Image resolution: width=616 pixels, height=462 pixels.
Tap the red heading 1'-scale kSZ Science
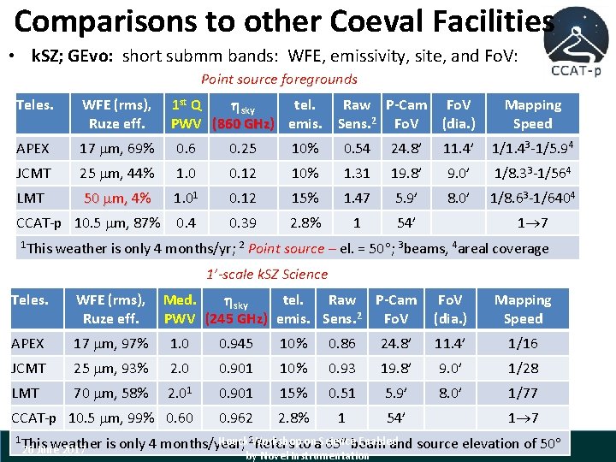tap(267, 274)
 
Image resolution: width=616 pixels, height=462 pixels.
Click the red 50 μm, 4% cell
tap(116, 198)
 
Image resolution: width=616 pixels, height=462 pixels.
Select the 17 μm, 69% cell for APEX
tap(116, 148)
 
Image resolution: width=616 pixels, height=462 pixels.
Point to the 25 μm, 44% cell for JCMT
tap(116, 173)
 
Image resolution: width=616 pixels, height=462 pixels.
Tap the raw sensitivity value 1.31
tap(357, 173)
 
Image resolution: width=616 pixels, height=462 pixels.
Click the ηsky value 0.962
tap(236, 418)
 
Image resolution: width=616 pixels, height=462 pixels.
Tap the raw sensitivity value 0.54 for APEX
tap(357, 148)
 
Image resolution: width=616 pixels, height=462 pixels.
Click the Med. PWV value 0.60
tap(180, 418)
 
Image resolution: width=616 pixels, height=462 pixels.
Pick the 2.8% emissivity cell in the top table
tap(305, 222)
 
